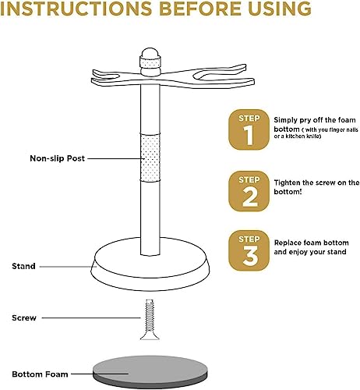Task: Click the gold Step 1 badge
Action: (x=249, y=129)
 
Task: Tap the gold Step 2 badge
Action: (x=249, y=190)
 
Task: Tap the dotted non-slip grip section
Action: (x=150, y=156)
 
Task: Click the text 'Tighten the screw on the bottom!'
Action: (x=316, y=187)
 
